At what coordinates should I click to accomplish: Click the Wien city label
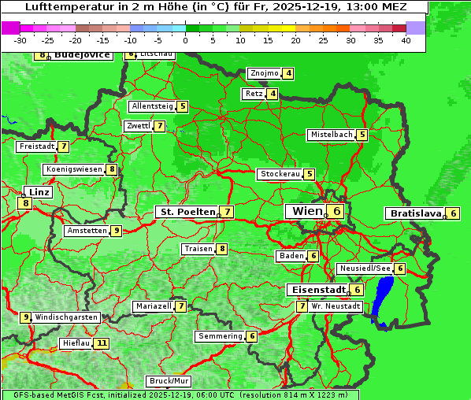click(307, 211)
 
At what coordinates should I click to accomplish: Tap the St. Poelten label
click(187, 212)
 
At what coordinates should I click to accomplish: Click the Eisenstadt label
click(316, 290)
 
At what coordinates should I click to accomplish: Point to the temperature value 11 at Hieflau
click(102, 343)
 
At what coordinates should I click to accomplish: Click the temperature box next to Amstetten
click(116, 231)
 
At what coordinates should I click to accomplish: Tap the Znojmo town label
click(264, 74)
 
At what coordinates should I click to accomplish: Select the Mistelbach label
click(331, 135)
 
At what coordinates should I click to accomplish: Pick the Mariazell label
click(154, 306)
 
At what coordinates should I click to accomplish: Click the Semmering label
click(221, 336)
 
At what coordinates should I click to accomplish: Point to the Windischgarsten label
click(66, 317)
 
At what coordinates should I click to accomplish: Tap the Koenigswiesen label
click(74, 169)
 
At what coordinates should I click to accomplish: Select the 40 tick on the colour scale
click(406, 40)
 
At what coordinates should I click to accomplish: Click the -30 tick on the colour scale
click(20, 40)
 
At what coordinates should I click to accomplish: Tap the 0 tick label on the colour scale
click(186, 40)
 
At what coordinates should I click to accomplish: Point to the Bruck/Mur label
click(169, 381)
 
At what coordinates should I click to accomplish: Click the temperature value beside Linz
click(26, 203)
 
